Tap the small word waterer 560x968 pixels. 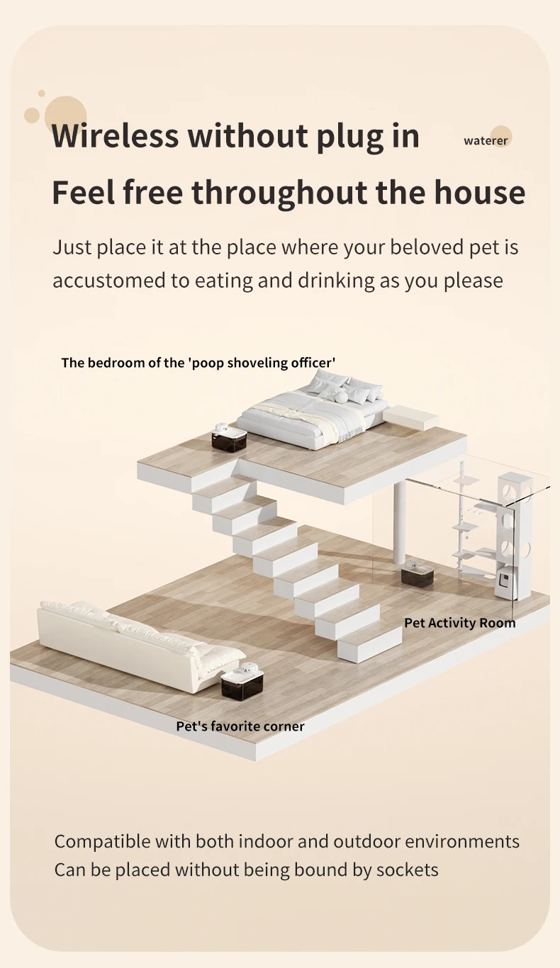click(486, 141)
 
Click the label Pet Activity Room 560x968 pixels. click(459, 623)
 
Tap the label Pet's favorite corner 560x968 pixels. click(240, 726)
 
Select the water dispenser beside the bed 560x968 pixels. click(229, 437)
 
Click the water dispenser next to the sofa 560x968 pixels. click(242, 680)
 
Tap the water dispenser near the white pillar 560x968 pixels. click(417, 573)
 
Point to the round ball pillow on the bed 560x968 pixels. click(341, 397)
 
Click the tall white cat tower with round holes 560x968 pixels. click(515, 536)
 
